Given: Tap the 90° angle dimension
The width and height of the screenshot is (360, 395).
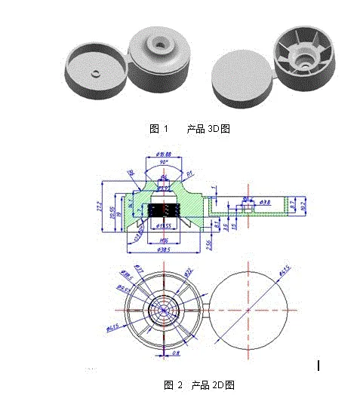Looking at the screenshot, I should [x=164, y=163].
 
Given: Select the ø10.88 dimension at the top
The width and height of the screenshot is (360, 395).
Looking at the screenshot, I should [x=164, y=155].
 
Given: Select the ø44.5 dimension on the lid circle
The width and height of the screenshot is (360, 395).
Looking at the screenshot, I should [x=285, y=271].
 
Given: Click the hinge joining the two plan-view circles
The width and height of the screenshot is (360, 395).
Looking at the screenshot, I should [x=205, y=309].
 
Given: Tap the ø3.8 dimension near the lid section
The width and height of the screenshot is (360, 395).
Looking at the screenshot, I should [x=266, y=203].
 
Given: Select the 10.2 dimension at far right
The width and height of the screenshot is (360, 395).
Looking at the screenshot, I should [x=303, y=204].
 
